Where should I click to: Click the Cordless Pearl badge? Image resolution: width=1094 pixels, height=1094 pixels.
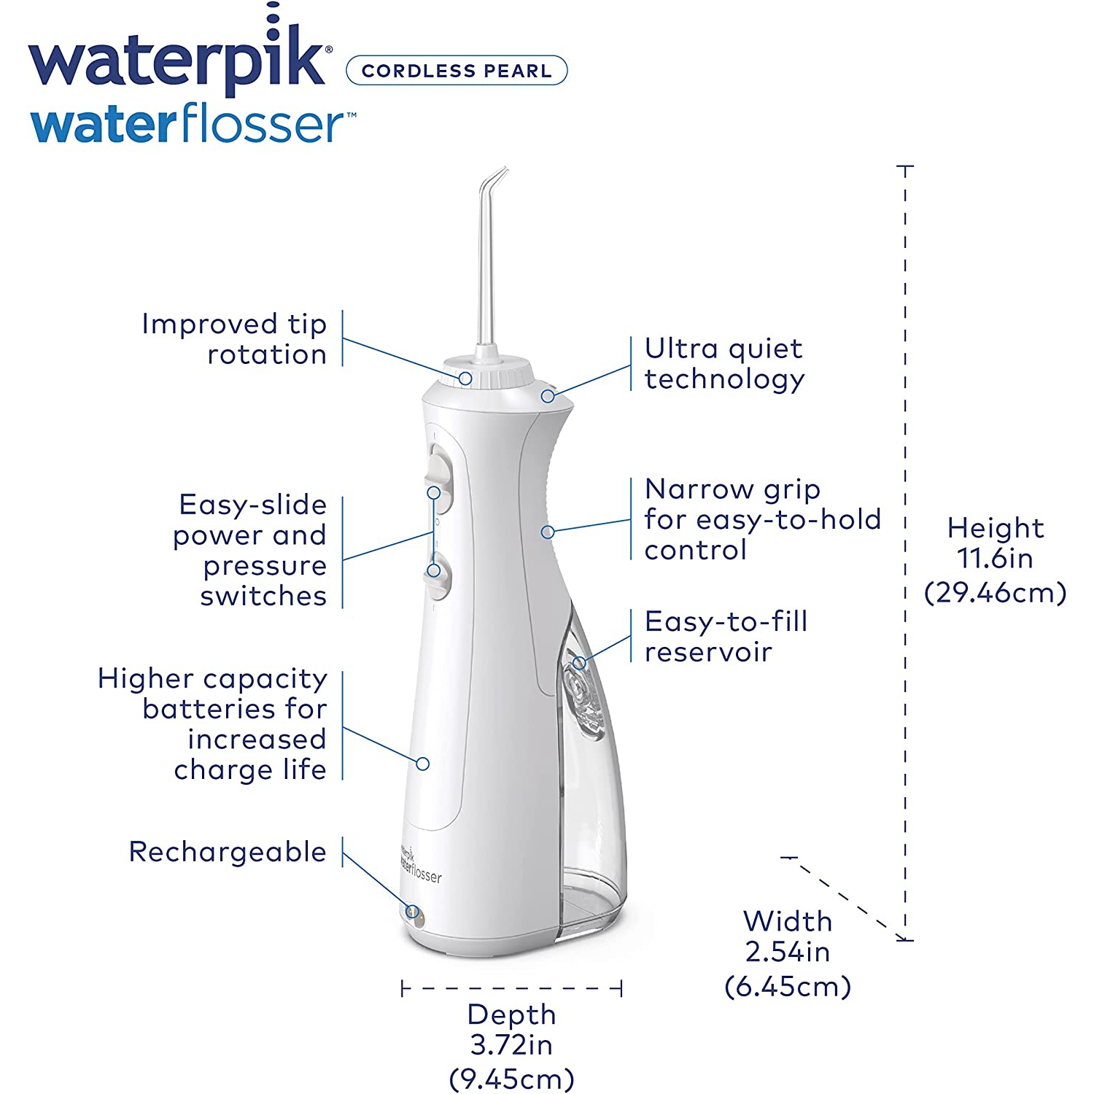pos(457,71)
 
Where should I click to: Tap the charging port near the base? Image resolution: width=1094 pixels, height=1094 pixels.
pos(414,913)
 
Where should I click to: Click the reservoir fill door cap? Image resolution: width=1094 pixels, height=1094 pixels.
pos(581,697)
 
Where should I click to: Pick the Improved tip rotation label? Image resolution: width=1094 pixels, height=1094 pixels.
pos(234,339)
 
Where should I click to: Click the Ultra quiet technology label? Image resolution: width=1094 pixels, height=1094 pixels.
pos(724,363)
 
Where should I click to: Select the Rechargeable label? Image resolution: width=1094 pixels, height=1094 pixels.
pos(228,852)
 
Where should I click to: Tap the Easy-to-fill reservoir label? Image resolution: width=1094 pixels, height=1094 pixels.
pos(726,636)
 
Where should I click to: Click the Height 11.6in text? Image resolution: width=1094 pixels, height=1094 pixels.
pos(996,543)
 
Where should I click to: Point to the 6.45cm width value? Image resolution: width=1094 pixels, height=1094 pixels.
pos(788,987)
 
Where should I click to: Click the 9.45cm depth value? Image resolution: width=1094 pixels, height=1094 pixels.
pos(511,1079)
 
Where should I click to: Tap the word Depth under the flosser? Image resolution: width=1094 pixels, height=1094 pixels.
pos(511,1015)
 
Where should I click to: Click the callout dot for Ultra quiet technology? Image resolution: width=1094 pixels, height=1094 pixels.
pos(548,396)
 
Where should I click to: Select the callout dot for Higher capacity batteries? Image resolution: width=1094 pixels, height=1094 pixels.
pos(423,764)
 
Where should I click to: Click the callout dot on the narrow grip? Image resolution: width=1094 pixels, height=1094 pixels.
pos(548,532)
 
